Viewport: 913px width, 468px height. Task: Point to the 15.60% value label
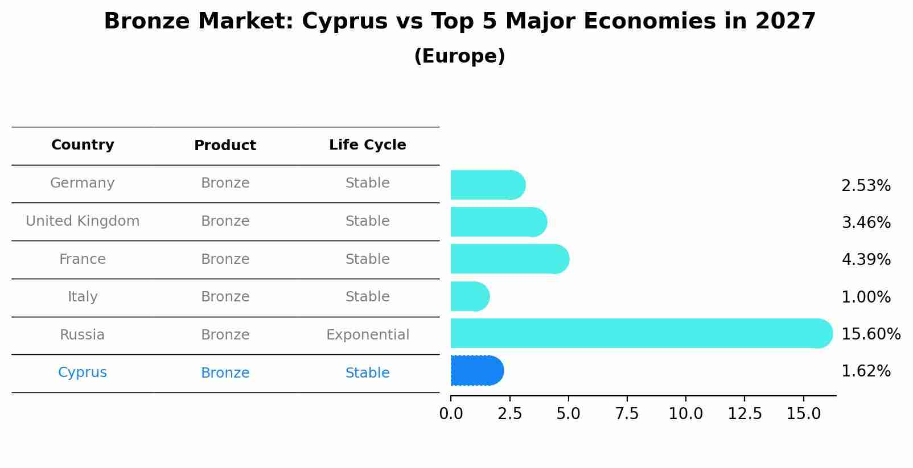point(870,334)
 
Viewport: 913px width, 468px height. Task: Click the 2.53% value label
point(865,186)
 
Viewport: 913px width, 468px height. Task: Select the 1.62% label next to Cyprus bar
point(865,371)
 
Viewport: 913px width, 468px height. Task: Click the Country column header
point(83,145)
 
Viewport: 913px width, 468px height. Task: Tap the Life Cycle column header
point(367,145)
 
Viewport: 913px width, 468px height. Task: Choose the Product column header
point(225,146)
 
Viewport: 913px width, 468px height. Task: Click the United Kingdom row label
point(83,221)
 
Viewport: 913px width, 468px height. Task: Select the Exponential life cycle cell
point(367,335)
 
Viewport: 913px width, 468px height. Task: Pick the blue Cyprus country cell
point(83,372)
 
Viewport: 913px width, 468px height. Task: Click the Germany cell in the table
point(83,183)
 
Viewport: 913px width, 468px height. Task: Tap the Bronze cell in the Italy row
point(225,297)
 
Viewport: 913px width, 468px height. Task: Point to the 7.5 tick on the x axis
point(627,414)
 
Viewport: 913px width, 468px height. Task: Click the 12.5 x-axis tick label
point(745,414)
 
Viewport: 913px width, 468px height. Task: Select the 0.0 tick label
point(451,414)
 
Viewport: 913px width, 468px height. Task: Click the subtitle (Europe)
point(459,56)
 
